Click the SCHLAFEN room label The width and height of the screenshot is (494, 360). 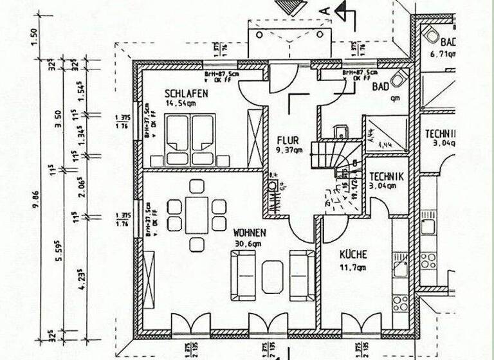pos(187,93)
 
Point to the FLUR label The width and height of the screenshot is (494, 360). pos(287,140)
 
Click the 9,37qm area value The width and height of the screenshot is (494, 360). pos(289,151)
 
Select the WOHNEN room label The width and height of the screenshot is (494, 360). pos(250,232)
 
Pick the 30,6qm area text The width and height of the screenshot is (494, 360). pos(248,244)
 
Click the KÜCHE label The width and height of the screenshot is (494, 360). pos(353,255)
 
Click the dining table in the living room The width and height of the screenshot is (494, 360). pos(197,215)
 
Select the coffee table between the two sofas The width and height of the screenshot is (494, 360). pos(273,275)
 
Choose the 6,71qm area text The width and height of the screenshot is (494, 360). pos(443,55)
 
